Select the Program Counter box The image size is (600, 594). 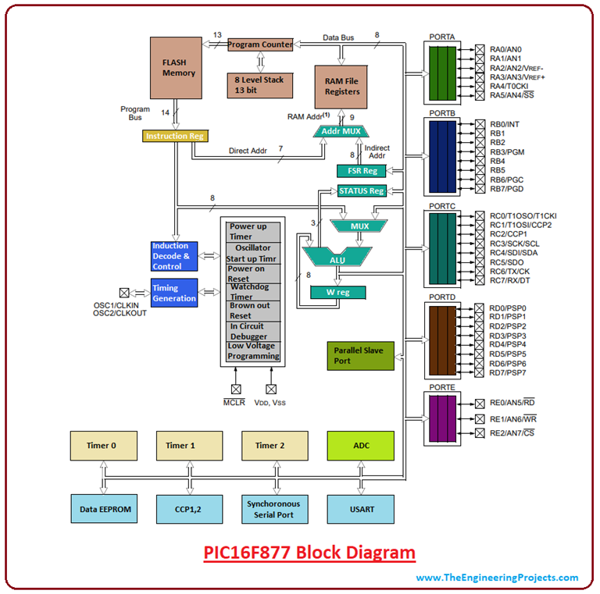click(260, 44)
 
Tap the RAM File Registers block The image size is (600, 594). click(341, 85)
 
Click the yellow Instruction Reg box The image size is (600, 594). click(174, 136)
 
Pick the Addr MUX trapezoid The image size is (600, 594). click(341, 131)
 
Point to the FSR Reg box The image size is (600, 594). click(360, 171)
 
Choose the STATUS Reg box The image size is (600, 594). click(361, 191)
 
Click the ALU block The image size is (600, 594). click(337, 258)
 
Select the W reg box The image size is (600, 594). click(337, 293)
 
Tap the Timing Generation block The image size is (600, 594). click(174, 293)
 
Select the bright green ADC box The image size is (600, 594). click(360, 446)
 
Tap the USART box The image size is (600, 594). click(360, 509)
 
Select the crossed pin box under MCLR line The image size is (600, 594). click(236, 388)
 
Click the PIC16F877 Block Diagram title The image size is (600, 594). click(309, 553)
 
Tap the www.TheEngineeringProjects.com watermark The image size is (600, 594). click(497, 578)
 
